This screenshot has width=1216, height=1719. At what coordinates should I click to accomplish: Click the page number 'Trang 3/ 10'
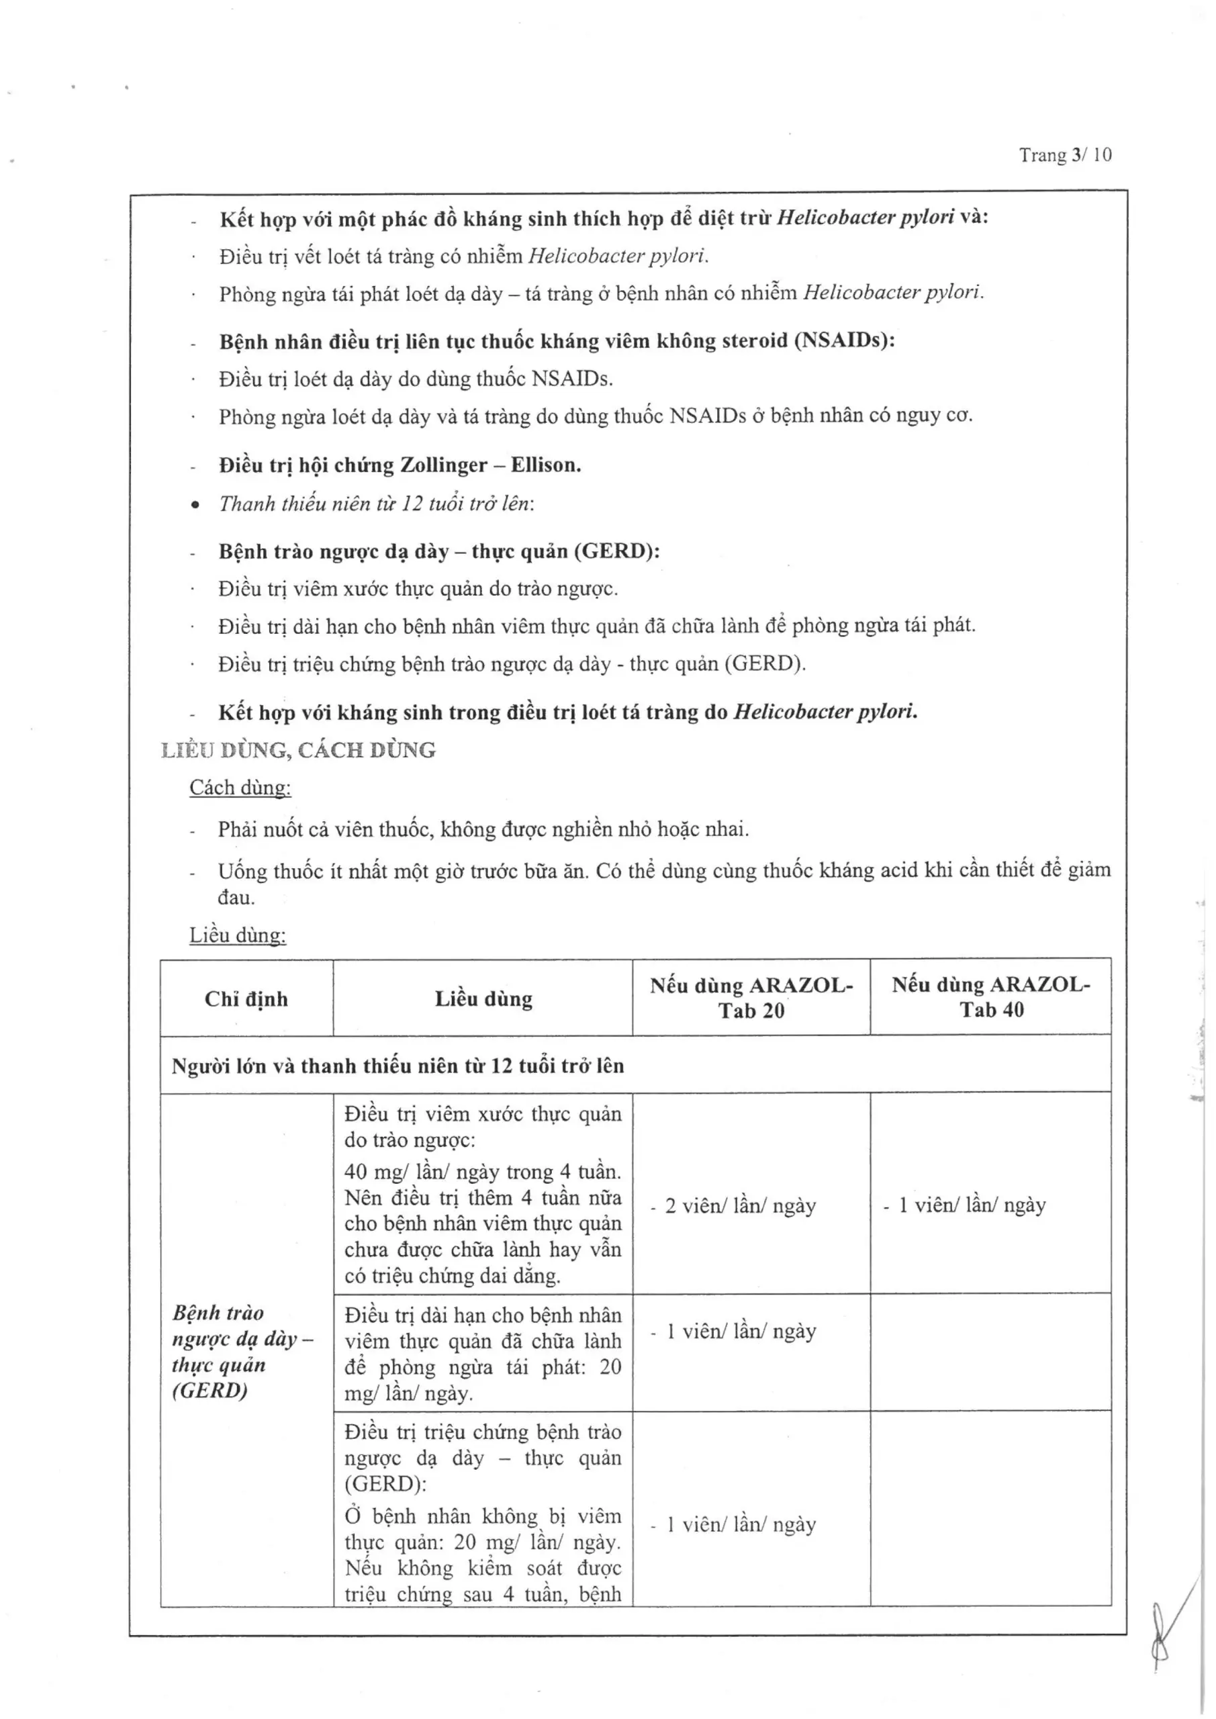coord(1065,155)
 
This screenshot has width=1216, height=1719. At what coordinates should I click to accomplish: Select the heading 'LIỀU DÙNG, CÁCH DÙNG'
coord(298,750)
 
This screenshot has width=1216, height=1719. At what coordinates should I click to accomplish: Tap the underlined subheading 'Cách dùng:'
coord(240,788)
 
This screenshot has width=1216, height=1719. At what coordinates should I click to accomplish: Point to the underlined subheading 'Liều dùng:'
coord(238,935)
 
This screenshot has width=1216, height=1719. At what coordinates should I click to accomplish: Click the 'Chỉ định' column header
coord(246,998)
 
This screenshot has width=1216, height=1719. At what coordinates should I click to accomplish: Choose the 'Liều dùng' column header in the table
coord(483,998)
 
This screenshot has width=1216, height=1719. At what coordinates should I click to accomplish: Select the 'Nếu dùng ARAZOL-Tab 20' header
coord(751,998)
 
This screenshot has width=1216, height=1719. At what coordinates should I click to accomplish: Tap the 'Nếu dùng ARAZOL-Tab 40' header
coord(990,997)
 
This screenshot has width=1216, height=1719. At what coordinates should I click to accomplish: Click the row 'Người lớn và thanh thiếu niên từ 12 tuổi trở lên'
coord(397,1066)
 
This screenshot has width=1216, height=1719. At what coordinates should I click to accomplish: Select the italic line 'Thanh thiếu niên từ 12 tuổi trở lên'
coord(376,504)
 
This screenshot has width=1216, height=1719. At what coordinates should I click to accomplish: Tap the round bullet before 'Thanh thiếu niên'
coord(195,506)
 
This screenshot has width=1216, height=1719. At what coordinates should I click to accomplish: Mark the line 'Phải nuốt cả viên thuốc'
coord(483,829)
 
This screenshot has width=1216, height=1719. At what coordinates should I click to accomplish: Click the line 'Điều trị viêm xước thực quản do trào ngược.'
coord(418,589)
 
